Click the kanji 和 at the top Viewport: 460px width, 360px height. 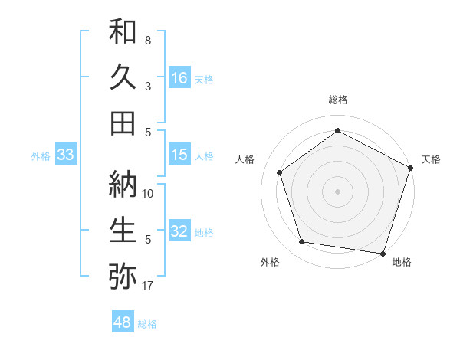(123, 32)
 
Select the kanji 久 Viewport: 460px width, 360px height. (123, 77)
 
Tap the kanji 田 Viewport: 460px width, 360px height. (123, 123)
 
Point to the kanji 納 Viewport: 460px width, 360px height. (123, 184)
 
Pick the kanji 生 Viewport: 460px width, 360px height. (123, 229)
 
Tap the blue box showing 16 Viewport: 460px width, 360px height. (179, 77)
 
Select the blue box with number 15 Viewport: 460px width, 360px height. (179, 155)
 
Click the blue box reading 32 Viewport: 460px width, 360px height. (179, 231)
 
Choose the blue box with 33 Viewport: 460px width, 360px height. (66, 155)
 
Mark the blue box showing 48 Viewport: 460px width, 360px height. (123, 322)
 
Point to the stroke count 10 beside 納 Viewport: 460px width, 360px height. (149, 193)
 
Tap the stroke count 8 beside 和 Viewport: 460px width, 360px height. (148, 40)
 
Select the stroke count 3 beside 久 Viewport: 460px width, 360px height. (148, 87)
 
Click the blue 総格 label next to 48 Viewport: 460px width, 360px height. (147, 324)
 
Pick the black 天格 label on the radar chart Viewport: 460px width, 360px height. (431, 159)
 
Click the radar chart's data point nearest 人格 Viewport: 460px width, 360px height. (279, 172)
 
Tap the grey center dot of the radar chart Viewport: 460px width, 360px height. (337, 191)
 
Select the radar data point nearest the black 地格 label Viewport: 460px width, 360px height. (383, 253)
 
